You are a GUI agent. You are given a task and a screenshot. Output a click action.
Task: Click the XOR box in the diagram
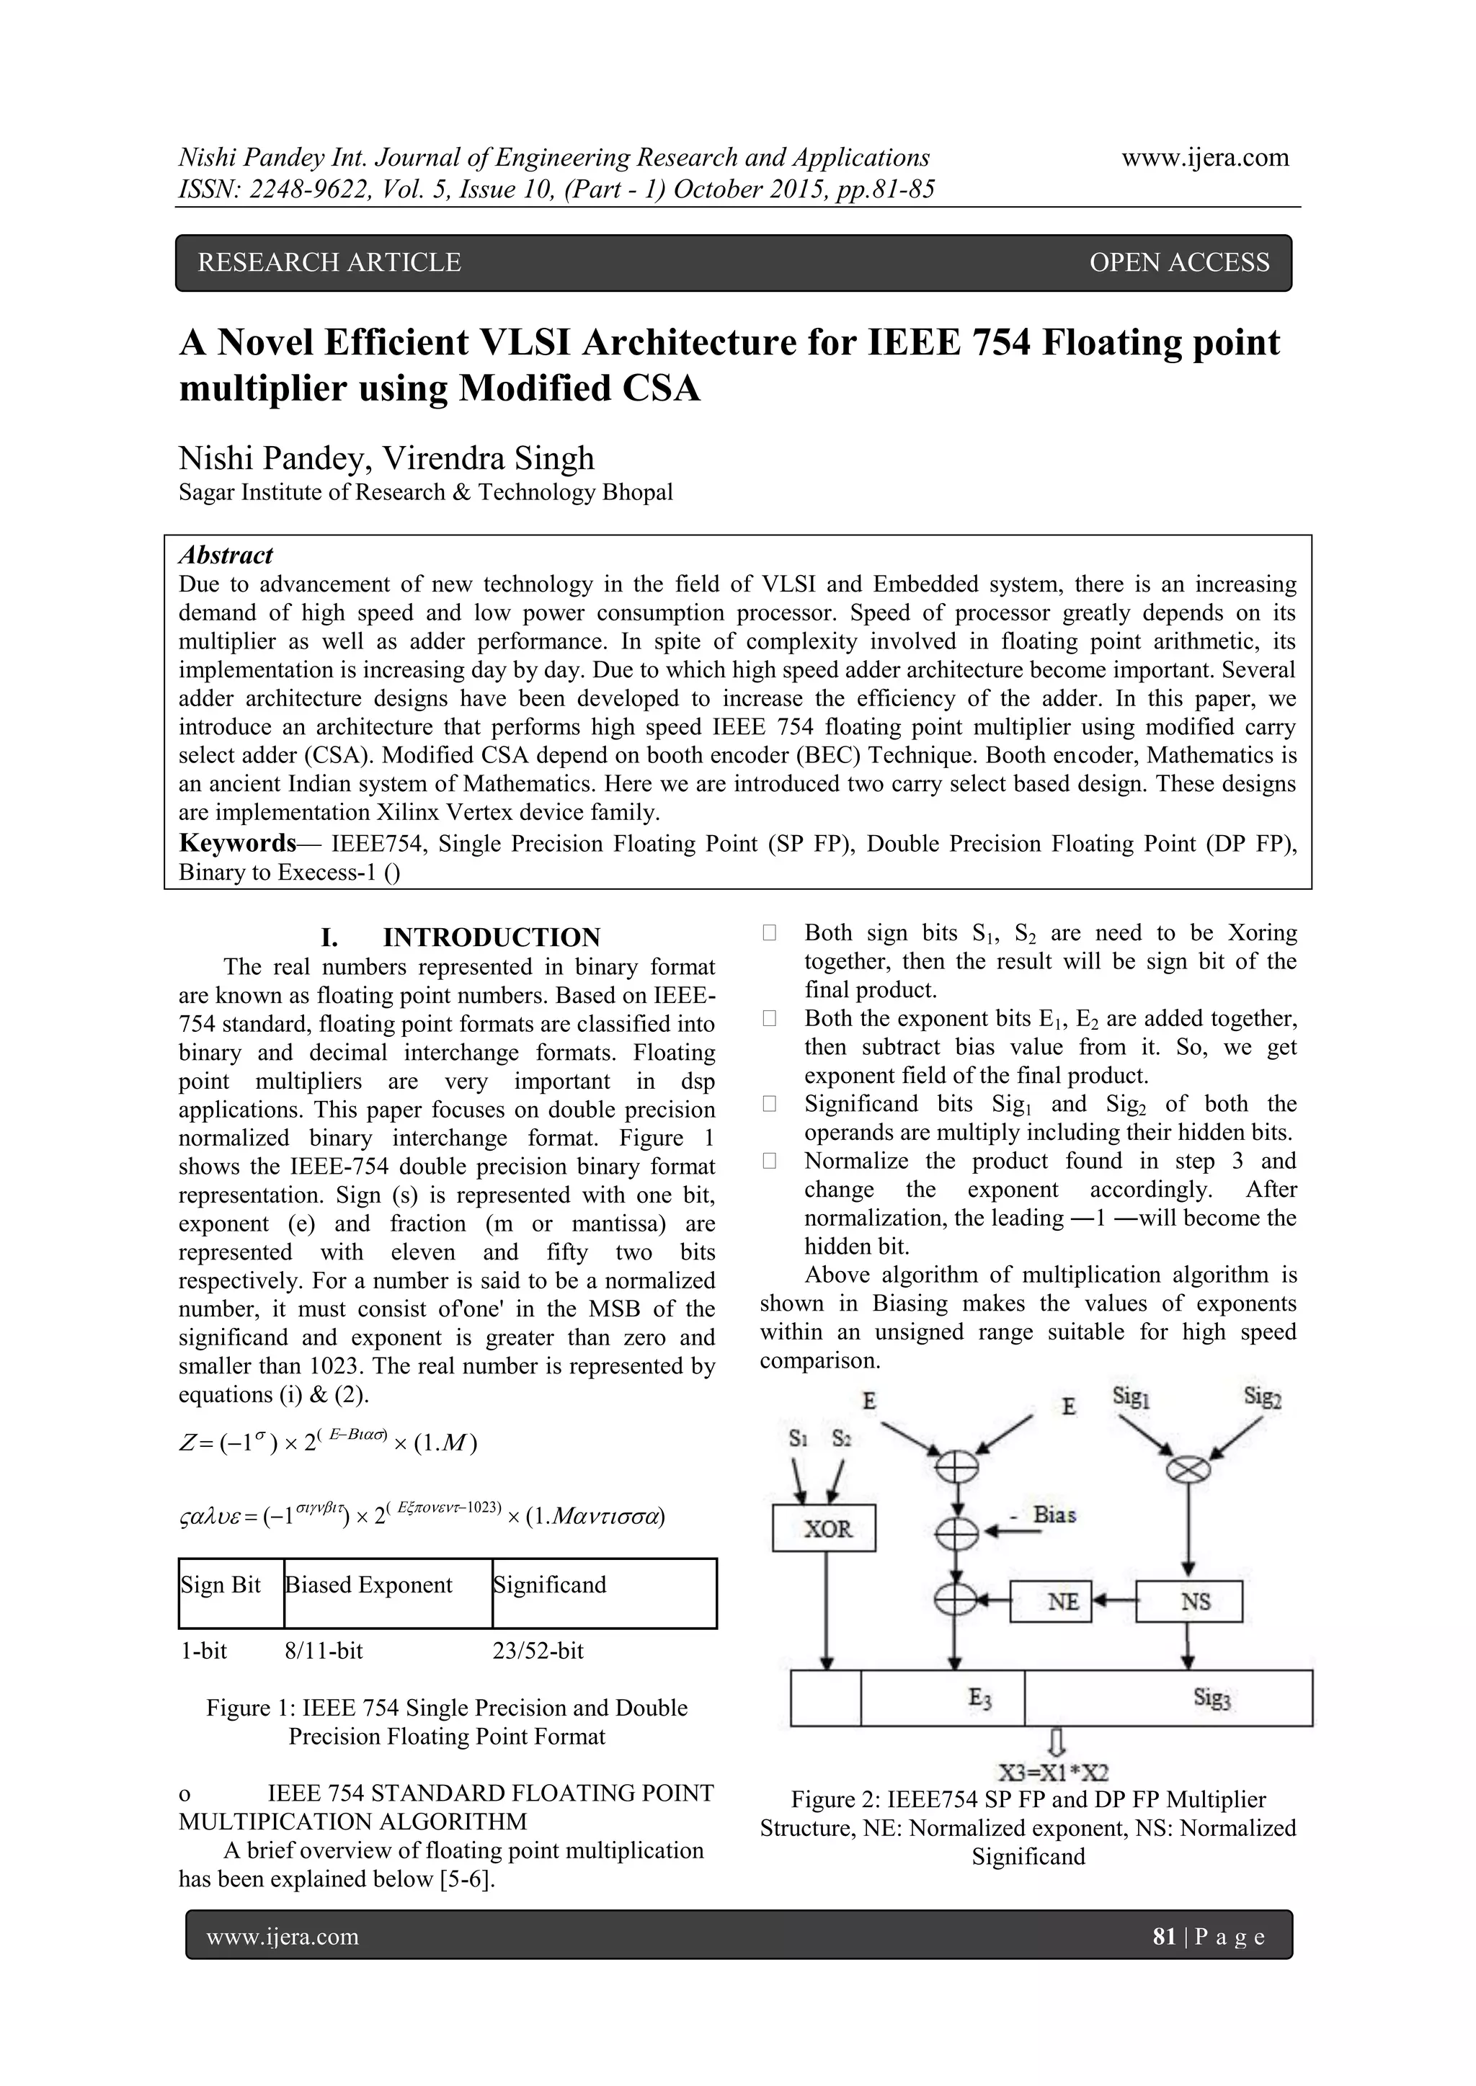point(824,1528)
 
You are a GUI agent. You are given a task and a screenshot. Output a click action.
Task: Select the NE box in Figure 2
point(1051,1602)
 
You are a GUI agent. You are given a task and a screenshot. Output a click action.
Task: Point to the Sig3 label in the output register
point(1212,1697)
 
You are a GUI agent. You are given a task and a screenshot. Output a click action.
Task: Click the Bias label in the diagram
point(1054,1515)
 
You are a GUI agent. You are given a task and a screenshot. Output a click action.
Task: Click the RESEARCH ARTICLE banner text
point(330,262)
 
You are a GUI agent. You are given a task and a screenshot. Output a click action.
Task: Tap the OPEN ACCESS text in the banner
point(1179,262)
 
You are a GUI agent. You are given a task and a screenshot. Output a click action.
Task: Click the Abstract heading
point(226,555)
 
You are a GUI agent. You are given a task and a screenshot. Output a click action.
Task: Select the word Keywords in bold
point(237,843)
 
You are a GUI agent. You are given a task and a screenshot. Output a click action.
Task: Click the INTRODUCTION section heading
point(491,937)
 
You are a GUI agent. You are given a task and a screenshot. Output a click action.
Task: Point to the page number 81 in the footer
point(1163,1937)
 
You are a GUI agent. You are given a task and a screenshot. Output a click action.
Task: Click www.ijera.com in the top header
point(1205,157)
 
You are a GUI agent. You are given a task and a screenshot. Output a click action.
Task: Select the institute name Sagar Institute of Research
point(425,492)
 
